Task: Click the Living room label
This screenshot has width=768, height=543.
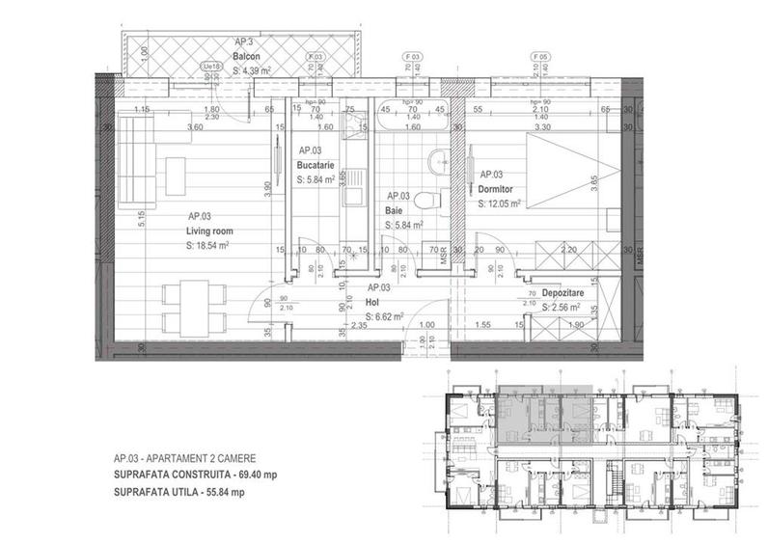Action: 209,231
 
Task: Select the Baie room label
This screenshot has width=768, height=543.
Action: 396,209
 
